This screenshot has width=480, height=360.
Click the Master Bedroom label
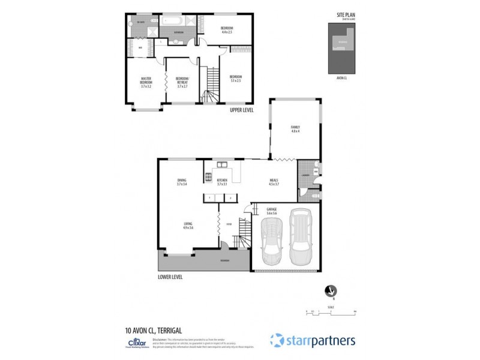(146, 82)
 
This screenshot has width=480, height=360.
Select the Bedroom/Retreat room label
(182, 82)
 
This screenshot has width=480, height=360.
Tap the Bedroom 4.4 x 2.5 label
(226, 30)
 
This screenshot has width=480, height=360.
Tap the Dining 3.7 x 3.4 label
(182, 182)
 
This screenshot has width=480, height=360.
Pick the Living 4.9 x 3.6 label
(188, 225)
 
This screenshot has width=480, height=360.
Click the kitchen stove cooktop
(208, 177)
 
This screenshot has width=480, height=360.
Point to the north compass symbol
(327, 291)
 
